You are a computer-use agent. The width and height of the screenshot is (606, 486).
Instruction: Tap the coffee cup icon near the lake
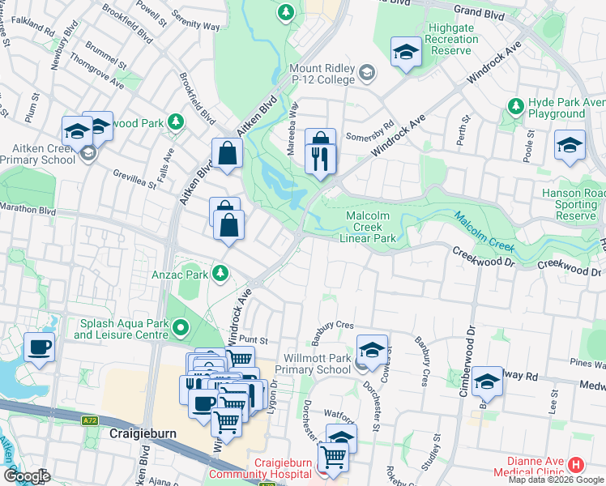(39, 348)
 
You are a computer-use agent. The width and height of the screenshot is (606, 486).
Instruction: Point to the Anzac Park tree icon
(220, 274)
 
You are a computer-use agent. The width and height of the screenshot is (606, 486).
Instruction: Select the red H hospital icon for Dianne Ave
(575, 464)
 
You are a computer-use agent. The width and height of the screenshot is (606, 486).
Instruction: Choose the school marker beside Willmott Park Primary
(372, 350)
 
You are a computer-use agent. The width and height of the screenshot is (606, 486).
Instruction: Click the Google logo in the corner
(27, 476)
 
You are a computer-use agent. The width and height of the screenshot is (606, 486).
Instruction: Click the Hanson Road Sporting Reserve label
(574, 204)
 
